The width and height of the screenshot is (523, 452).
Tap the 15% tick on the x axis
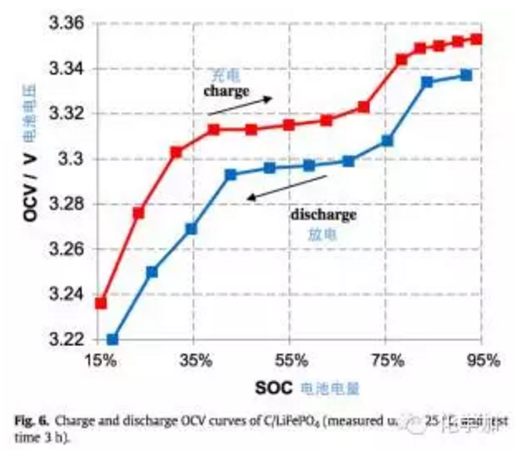point(101,360)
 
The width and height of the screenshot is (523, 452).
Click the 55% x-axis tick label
point(290,360)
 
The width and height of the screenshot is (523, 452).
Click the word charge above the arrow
point(226,91)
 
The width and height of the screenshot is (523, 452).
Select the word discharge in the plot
point(324,214)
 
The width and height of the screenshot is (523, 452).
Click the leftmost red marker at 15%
point(101,302)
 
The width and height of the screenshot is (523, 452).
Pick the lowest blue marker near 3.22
point(112,339)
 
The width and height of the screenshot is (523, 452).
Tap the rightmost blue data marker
point(466,75)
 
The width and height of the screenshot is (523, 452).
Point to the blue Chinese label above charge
point(226,76)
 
